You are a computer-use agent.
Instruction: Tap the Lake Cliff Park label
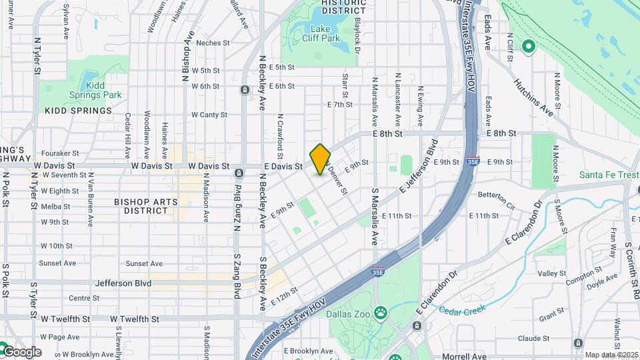tap(325, 33)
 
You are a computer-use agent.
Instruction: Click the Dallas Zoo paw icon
tap(381, 311)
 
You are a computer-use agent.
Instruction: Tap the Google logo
tap(21, 351)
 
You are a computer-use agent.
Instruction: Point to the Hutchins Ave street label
tap(533, 97)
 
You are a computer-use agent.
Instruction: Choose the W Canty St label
tap(209, 115)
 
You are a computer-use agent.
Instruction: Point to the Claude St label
tap(533, 339)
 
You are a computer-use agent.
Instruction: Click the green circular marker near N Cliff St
tap(529, 47)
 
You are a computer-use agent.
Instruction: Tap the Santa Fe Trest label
tap(608, 175)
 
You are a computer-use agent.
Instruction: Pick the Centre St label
tap(84, 298)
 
